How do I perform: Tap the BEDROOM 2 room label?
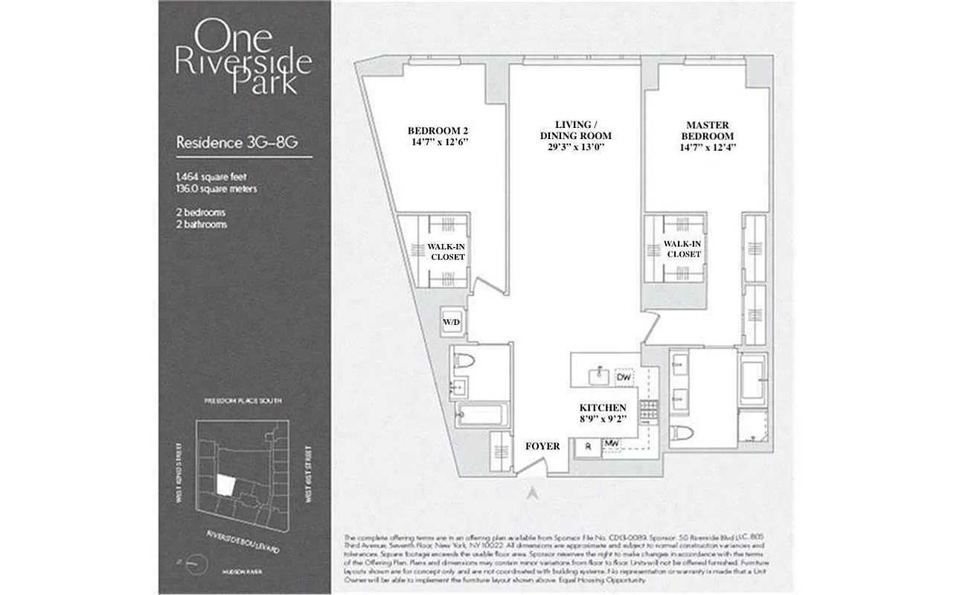[x=438, y=130]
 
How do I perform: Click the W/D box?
[x=452, y=322]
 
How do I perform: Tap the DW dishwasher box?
[x=624, y=377]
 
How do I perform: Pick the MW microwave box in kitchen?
[x=612, y=445]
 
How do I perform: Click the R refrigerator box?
[x=588, y=446]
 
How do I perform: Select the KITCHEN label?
[x=603, y=408]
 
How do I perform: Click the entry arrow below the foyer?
[x=532, y=492]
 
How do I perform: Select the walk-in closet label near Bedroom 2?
[x=446, y=251]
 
